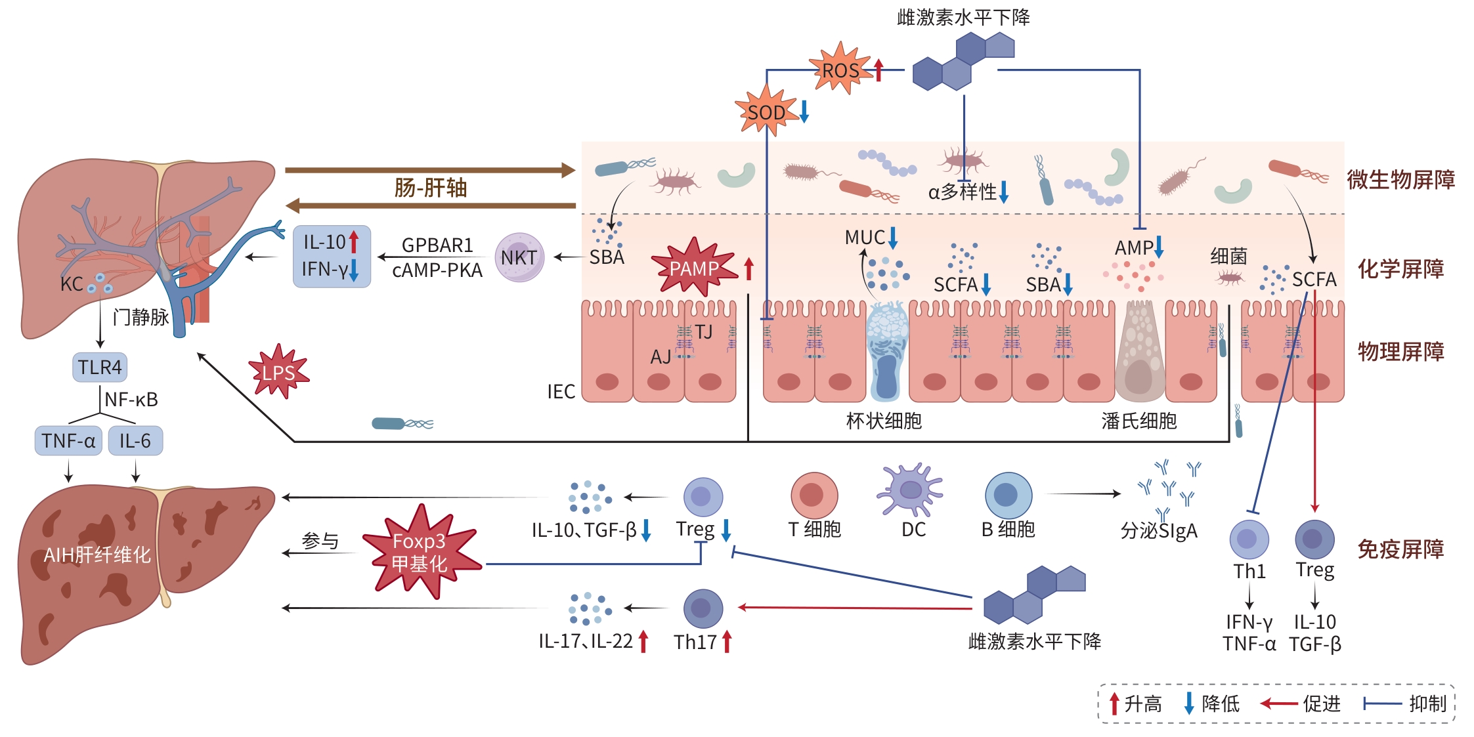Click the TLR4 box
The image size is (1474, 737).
(100, 367)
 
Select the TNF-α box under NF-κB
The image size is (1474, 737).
(68, 440)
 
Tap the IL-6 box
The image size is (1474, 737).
(135, 440)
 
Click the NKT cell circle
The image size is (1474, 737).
(519, 258)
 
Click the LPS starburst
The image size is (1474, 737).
(279, 372)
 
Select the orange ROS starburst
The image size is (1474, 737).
(841, 70)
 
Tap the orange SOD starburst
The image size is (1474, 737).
(766, 112)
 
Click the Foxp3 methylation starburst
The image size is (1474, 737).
(420, 553)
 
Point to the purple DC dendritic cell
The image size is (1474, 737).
(911, 490)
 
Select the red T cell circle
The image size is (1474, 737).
(814, 495)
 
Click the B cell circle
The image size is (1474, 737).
(1008, 495)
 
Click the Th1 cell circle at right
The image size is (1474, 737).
(1249, 539)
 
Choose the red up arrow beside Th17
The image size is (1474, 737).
(727, 641)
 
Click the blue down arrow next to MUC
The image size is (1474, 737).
(893, 238)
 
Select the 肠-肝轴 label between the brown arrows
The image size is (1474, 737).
(431, 188)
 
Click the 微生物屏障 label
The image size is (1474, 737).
(1400, 179)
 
